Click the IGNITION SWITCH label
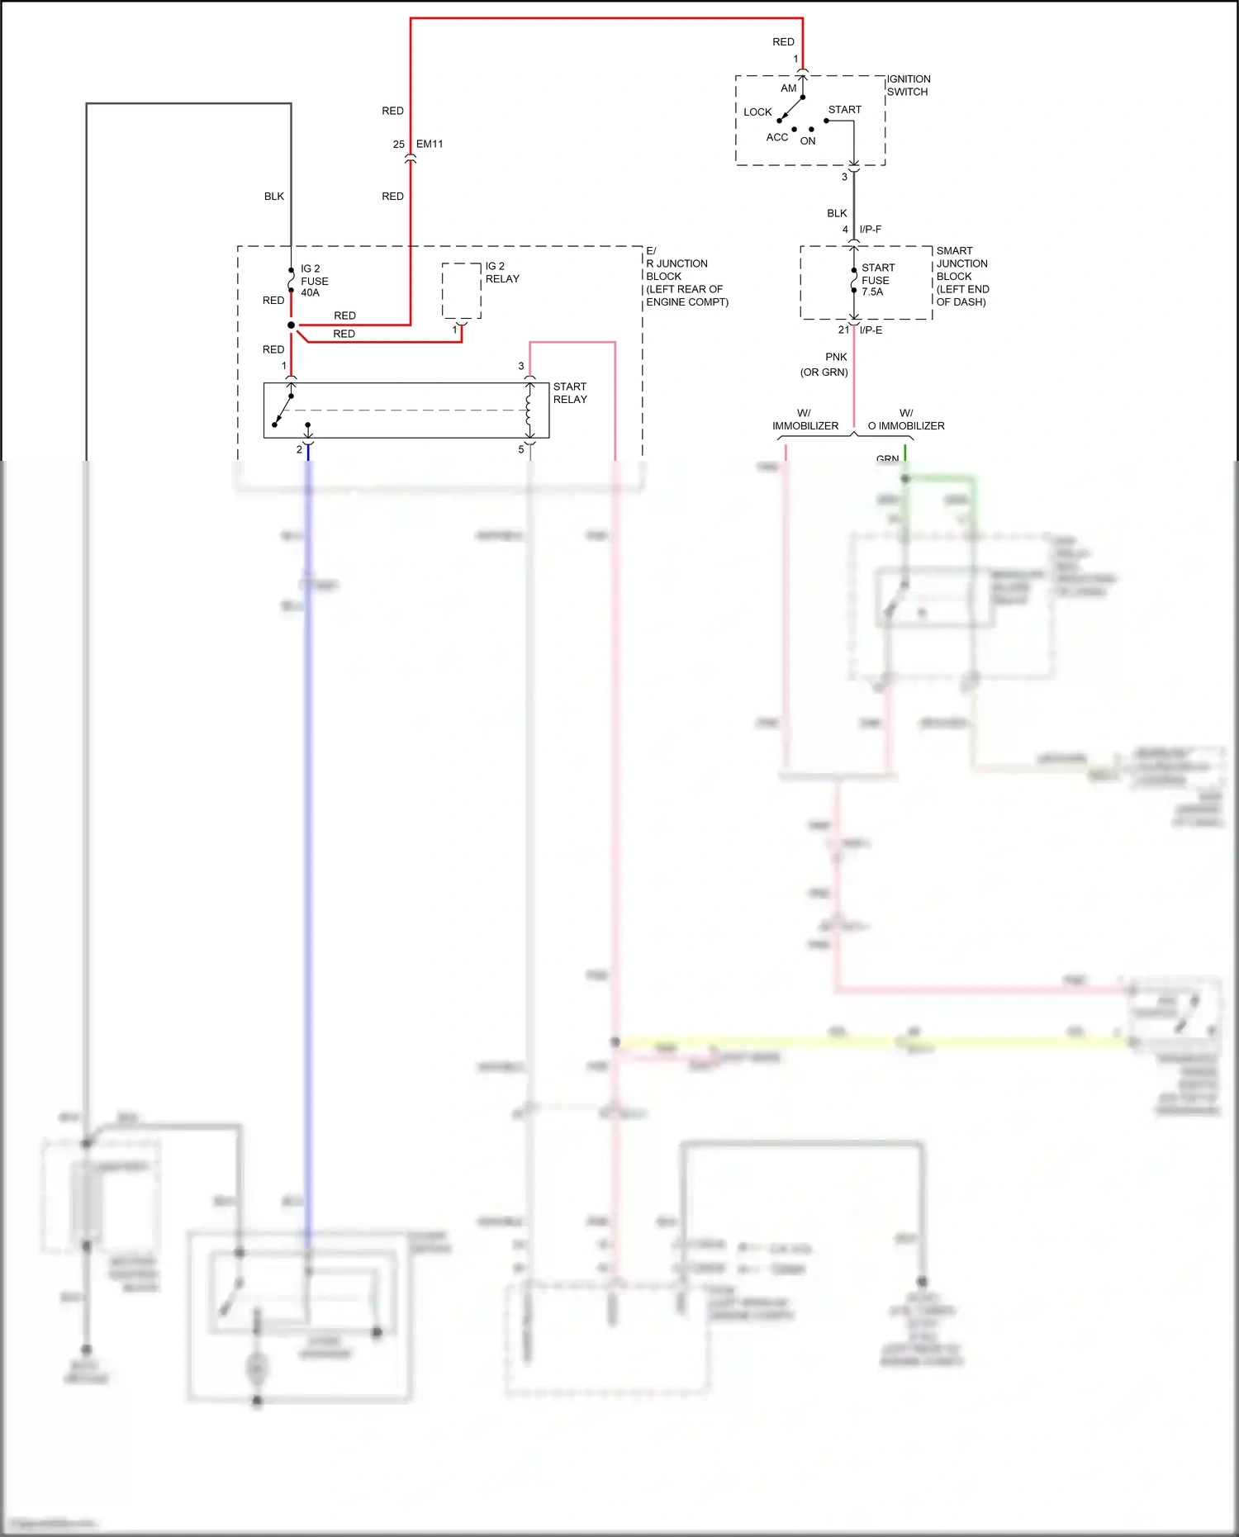(x=908, y=85)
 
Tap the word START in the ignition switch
(x=844, y=109)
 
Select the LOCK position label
(x=757, y=111)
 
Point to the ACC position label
(x=776, y=137)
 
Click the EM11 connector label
(x=430, y=144)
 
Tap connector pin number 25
(x=399, y=144)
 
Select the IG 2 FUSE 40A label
(x=314, y=281)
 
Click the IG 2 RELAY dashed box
(x=462, y=291)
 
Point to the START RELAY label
(x=570, y=393)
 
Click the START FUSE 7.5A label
(x=876, y=280)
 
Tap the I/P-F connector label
(x=870, y=229)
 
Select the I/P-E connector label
(x=871, y=330)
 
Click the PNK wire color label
(x=836, y=357)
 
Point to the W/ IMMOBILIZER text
(x=805, y=420)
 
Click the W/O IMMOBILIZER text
(x=906, y=420)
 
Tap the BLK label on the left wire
(x=274, y=196)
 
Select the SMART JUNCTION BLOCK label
(x=961, y=276)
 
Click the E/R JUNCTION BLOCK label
(x=685, y=276)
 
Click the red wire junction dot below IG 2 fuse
(x=291, y=325)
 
